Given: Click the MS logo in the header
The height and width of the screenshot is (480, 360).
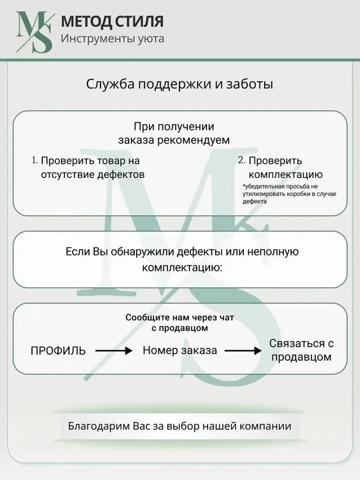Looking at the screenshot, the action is [x=34, y=32].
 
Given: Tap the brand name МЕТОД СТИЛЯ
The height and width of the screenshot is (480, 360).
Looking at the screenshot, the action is [x=112, y=21].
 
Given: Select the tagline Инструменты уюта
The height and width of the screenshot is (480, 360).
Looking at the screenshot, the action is [x=112, y=39].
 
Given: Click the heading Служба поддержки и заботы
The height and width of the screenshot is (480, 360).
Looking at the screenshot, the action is [x=179, y=84].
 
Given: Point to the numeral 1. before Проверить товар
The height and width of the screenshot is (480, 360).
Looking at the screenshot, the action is [x=35, y=160].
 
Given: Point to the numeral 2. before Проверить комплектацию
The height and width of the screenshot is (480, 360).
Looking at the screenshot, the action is [x=242, y=160].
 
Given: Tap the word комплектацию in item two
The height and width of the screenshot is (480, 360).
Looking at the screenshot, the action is [x=286, y=174].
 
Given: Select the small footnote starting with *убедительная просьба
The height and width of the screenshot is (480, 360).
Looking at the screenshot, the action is [x=289, y=194].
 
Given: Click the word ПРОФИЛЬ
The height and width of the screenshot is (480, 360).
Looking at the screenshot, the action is [x=58, y=351].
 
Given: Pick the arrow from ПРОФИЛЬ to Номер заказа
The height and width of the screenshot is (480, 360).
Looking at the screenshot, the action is [x=114, y=351].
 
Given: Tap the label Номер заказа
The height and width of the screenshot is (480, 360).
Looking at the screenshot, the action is [x=180, y=350].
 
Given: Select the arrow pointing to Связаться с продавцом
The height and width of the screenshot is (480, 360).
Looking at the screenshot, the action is [x=243, y=351].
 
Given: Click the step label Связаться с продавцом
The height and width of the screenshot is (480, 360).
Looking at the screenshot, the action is [x=301, y=350].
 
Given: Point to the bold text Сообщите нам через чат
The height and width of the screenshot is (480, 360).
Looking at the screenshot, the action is [x=179, y=317].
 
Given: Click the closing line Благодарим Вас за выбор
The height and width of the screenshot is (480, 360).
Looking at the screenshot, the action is [x=179, y=426].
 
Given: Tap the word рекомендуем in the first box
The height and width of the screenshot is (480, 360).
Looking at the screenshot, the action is [x=194, y=140].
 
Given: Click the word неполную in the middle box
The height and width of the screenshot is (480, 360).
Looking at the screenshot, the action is [x=273, y=252].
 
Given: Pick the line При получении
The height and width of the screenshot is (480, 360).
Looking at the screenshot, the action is [x=174, y=126].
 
